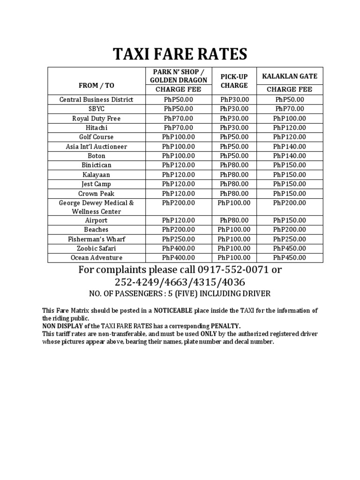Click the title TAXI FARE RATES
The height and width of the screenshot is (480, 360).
tap(180, 54)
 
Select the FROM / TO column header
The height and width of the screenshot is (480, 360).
tap(96, 85)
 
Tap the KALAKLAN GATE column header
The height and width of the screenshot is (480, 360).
tap(289, 76)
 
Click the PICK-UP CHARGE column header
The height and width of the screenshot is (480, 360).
tap(234, 81)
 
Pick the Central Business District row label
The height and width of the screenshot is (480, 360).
tap(96, 99)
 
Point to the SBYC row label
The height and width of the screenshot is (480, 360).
tap(96, 109)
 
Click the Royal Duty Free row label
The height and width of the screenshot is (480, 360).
tap(96, 118)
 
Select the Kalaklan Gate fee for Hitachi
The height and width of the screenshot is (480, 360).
tap(289, 127)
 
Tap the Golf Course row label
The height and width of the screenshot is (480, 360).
tap(96, 137)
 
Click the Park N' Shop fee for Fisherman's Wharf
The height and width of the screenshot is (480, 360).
tap(178, 239)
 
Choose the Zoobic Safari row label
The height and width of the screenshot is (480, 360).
tap(96, 248)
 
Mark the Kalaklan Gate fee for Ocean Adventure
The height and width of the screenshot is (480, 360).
tap(289, 258)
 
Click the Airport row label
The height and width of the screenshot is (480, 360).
tap(96, 220)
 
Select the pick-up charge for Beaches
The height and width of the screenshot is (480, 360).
tap(234, 230)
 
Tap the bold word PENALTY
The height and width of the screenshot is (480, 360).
tap(225, 325)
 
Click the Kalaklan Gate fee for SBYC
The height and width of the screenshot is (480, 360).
tap(289, 109)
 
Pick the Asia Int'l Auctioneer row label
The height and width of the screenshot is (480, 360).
tap(96, 146)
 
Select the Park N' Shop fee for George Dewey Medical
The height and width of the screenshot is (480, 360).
tap(178, 203)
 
